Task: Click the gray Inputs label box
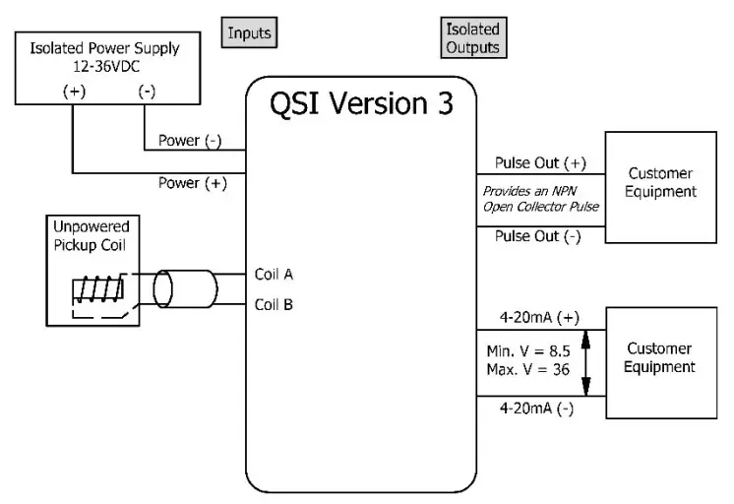click(x=249, y=32)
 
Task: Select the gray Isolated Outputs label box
click(x=473, y=37)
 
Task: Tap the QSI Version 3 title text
click(x=361, y=103)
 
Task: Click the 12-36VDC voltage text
click(x=106, y=67)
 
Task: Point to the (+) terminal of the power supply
click(x=75, y=91)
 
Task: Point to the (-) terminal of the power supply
click(x=147, y=91)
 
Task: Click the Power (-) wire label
click(x=190, y=141)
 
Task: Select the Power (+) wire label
click(x=193, y=183)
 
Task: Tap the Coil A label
click(x=274, y=274)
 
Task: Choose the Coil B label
click(x=274, y=304)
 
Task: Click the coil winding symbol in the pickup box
click(x=98, y=289)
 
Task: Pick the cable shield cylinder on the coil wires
click(x=185, y=288)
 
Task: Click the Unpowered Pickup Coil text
click(x=91, y=235)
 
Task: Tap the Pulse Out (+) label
click(x=540, y=163)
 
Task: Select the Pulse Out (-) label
click(x=538, y=236)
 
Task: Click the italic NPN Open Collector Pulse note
click(x=541, y=199)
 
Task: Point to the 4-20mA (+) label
click(x=539, y=318)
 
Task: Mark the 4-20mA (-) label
click(x=536, y=409)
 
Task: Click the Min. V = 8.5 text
click(x=528, y=350)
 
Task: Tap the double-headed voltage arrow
click(x=585, y=363)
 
